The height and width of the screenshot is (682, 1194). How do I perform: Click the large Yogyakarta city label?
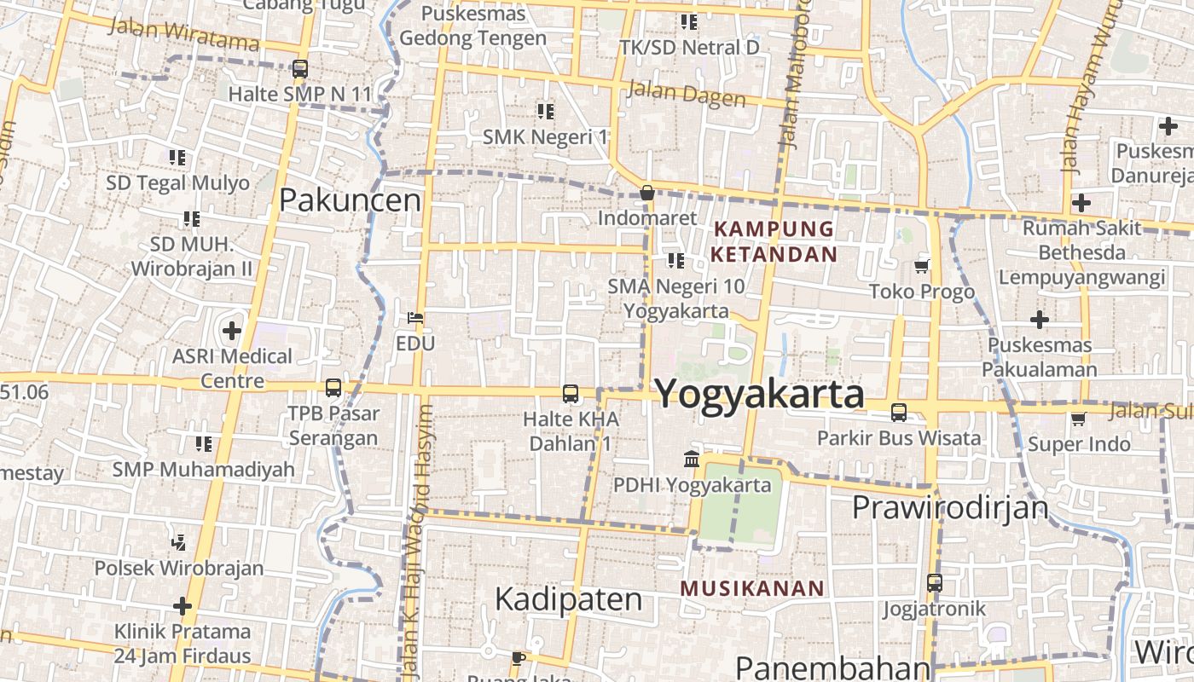759,395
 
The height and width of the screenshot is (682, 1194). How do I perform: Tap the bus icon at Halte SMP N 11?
299,69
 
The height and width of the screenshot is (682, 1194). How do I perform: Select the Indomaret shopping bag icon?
647,193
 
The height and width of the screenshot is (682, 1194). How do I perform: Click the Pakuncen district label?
351,200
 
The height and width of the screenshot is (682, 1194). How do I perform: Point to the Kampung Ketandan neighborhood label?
774,241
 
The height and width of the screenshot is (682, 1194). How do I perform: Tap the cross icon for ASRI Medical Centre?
232,330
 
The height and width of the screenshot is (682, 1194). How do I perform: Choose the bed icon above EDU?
415,318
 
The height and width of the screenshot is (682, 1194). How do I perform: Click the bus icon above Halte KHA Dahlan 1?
571,394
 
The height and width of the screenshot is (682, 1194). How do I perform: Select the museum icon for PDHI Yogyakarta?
692,459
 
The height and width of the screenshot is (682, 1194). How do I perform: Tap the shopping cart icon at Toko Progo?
921,266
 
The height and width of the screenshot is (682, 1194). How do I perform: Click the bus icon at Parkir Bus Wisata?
899,413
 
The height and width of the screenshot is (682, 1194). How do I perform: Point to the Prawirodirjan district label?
950,508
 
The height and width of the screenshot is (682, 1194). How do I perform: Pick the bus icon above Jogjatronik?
935,583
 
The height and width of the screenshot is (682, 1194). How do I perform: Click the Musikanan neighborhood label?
753,588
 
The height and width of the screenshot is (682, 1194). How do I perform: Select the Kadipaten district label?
568,599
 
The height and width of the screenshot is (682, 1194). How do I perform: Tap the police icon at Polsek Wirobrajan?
178,541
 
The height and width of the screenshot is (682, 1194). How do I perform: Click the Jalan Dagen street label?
687,94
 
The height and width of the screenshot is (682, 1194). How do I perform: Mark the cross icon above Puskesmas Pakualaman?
1039,320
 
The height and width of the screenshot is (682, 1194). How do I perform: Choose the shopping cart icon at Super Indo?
1079,419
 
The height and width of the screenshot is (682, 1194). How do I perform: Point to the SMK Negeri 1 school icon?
546,111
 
